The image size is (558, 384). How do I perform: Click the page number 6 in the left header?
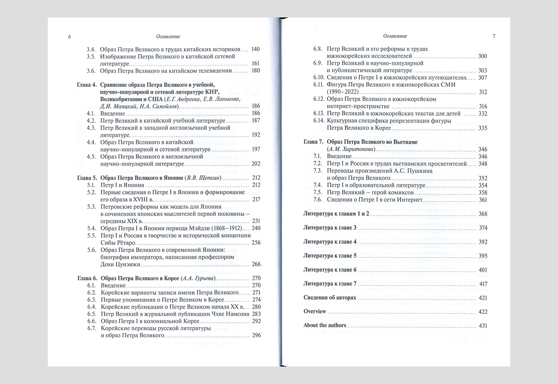click(x=69, y=37)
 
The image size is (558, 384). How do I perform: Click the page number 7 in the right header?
click(x=494, y=36)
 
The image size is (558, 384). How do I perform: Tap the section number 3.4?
click(x=91, y=49)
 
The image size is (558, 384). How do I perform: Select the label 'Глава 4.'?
click(x=86, y=85)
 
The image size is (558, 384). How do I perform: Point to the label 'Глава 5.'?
click(x=86, y=178)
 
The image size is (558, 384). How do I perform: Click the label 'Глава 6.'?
click(x=86, y=278)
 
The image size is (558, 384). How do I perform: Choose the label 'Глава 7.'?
click(x=314, y=142)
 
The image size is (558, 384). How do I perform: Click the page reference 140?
click(x=255, y=49)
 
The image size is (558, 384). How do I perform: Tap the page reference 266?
click(x=256, y=264)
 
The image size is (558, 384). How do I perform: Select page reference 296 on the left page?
click(x=256, y=335)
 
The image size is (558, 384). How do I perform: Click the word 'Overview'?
click(x=315, y=311)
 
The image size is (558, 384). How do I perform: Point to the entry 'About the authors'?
click(x=325, y=325)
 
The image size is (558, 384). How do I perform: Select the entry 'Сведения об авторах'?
click(x=330, y=298)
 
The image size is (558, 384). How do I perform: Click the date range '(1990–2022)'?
click(x=343, y=92)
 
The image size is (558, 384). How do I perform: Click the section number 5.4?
click(x=91, y=228)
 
